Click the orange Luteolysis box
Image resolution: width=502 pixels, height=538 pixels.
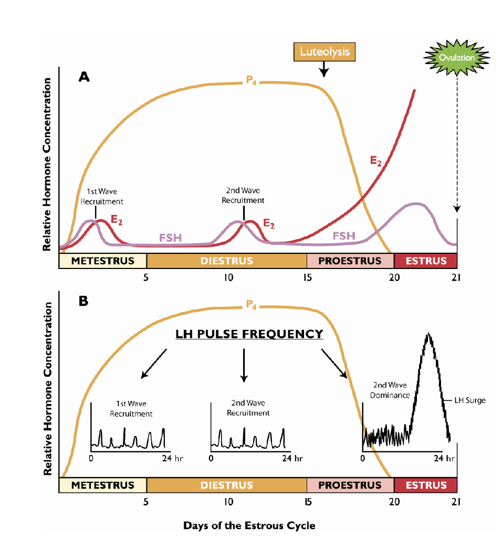pos(325,52)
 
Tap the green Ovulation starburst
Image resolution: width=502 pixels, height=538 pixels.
pos(457,57)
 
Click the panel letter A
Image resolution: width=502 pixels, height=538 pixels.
pos(84,77)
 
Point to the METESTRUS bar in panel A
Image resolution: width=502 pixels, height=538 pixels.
pos(102,261)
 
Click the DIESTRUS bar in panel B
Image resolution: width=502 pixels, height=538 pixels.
pos(226,485)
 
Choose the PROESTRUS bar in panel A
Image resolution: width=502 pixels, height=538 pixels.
pos(350,261)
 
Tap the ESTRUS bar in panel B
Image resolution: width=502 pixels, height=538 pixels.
pos(426,485)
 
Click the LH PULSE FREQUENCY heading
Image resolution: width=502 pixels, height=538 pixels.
pos(249,334)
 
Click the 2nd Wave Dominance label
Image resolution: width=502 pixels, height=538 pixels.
pos(390,390)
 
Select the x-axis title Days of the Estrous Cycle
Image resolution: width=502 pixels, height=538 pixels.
pos(249,525)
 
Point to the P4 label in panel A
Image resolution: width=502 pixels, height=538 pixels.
pos(251,80)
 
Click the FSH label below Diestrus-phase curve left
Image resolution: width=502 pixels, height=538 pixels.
pos(170,238)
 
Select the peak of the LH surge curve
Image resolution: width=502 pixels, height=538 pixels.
pos(429,334)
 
